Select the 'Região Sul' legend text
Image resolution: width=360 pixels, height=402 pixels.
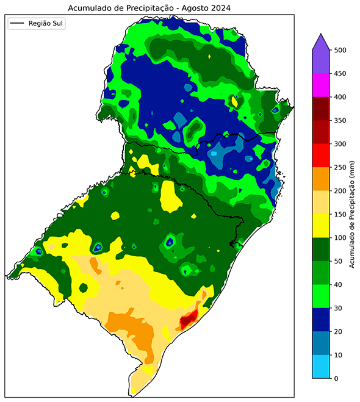click(46, 24)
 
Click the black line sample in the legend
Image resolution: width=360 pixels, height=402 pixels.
click(17, 24)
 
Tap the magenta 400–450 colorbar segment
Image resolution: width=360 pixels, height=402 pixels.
click(321, 85)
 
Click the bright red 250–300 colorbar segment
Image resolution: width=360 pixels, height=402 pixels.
click(321, 156)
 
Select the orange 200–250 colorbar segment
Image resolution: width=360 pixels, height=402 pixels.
click(321, 179)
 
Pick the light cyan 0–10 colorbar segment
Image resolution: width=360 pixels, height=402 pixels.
click(321, 367)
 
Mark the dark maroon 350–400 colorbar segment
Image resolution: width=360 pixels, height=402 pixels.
click(321, 109)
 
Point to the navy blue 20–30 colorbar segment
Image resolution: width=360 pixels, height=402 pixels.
click(321, 320)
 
